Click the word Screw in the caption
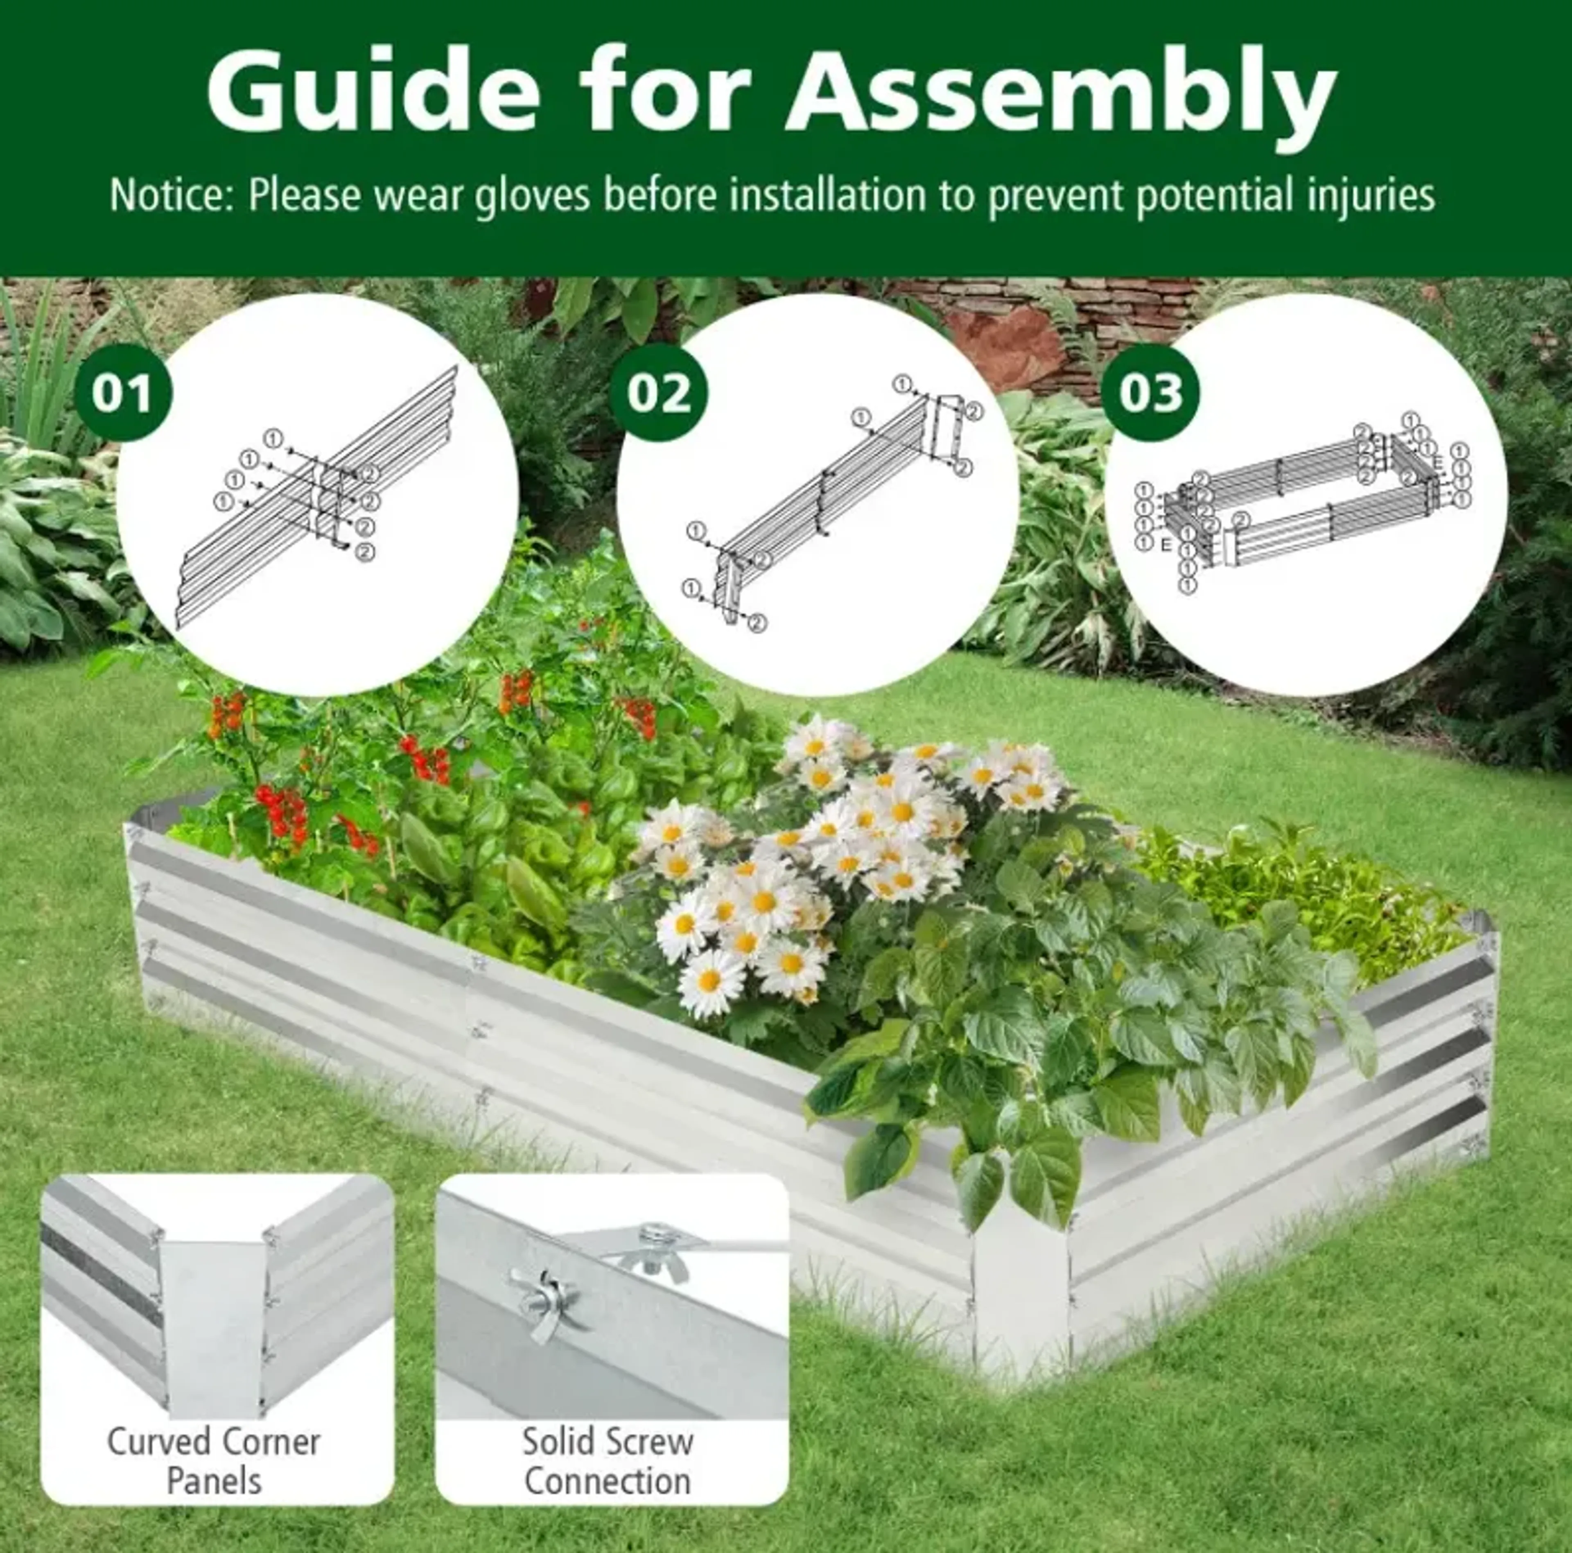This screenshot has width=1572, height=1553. [648, 1442]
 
